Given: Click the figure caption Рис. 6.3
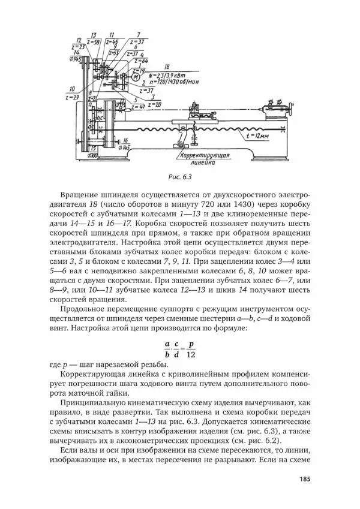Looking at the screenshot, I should point(179,176).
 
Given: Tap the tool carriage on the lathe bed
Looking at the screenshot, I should point(196,113).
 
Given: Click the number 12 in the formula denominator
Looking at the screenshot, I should point(191,354).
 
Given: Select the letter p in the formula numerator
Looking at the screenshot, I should point(191,344).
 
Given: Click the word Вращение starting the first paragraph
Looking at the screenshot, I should point(82,195).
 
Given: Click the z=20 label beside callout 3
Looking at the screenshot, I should point(154,103).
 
